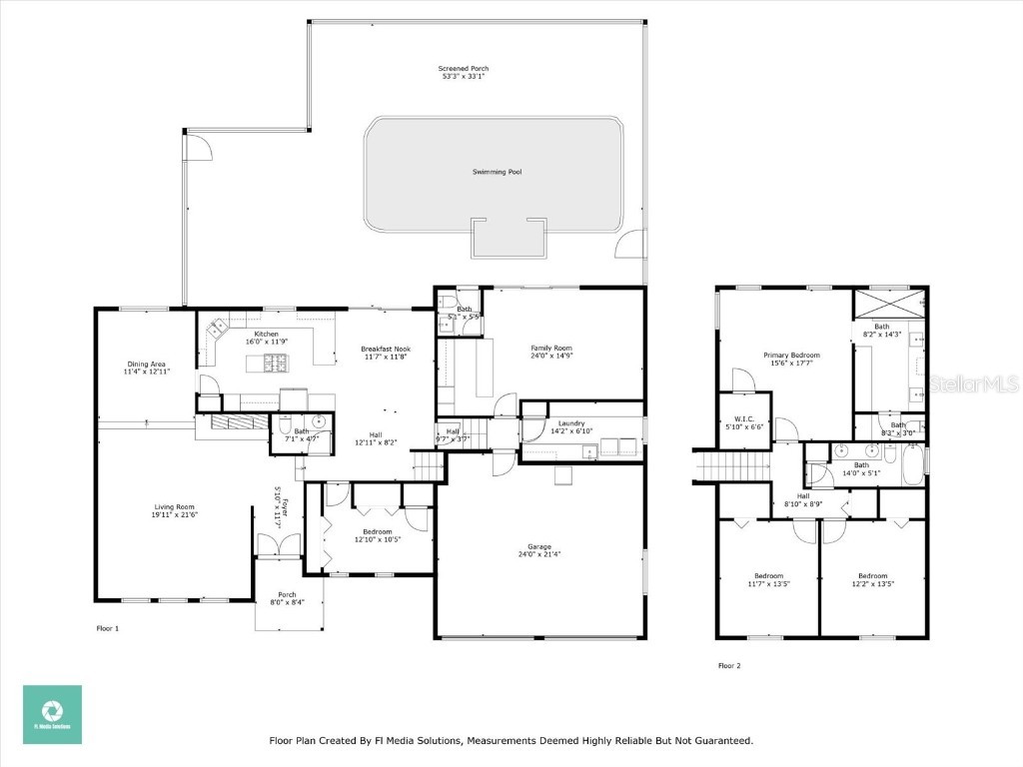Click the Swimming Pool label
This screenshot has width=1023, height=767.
click(x=498, y=172)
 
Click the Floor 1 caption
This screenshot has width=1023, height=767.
click(x=107, y=628)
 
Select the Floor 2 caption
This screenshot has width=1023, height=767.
click(x=729, y=665)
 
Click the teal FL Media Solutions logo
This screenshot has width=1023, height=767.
click(x=52, y=714)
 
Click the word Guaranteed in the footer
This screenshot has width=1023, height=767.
click(x=722, y=741)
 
